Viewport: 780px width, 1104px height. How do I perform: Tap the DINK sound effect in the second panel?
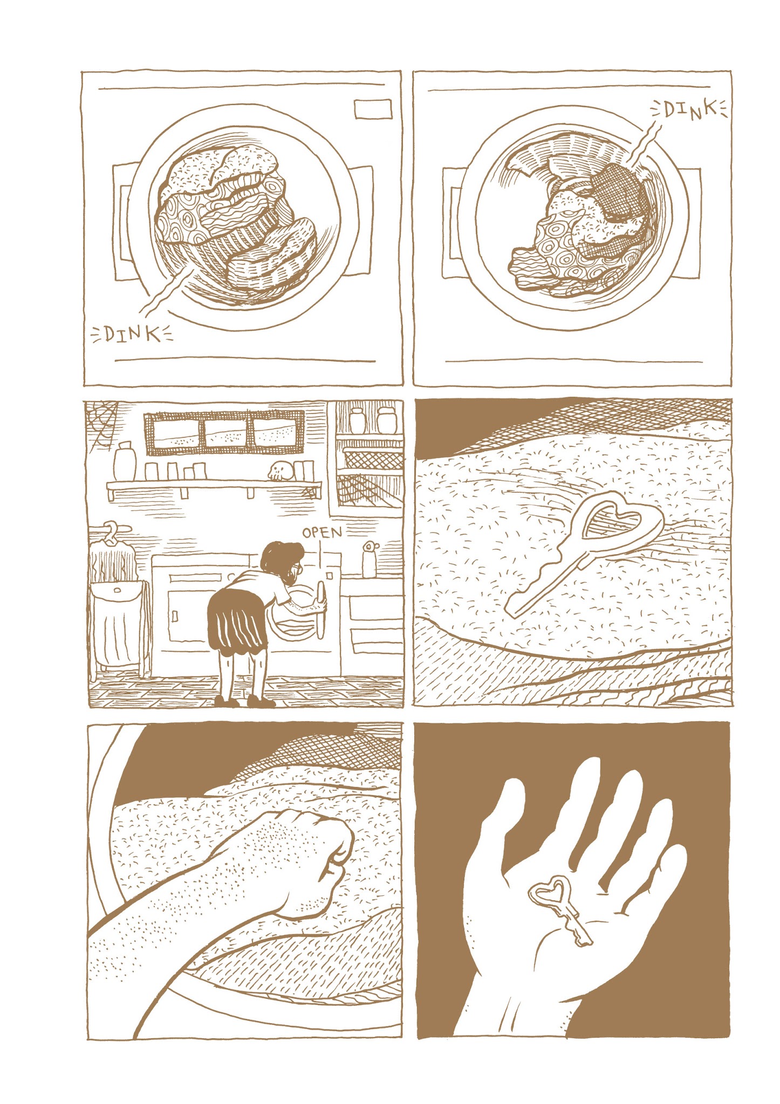(690, 111)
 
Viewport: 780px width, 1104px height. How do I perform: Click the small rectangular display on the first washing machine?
(373, 109)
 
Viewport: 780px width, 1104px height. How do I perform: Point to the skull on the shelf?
(280, 471)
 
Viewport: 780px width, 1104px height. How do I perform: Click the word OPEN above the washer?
(322, 533)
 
